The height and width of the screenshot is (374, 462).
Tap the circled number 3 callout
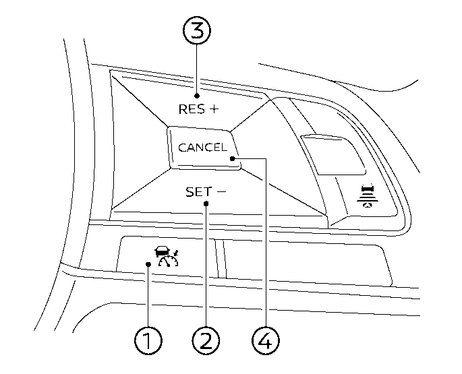pos(197,31)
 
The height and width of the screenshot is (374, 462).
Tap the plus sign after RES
pos(213,109)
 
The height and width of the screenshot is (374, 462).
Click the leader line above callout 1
pos(148,297)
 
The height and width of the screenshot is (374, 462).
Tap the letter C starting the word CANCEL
pos(181,148)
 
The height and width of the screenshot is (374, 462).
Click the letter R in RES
pos(182,109)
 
